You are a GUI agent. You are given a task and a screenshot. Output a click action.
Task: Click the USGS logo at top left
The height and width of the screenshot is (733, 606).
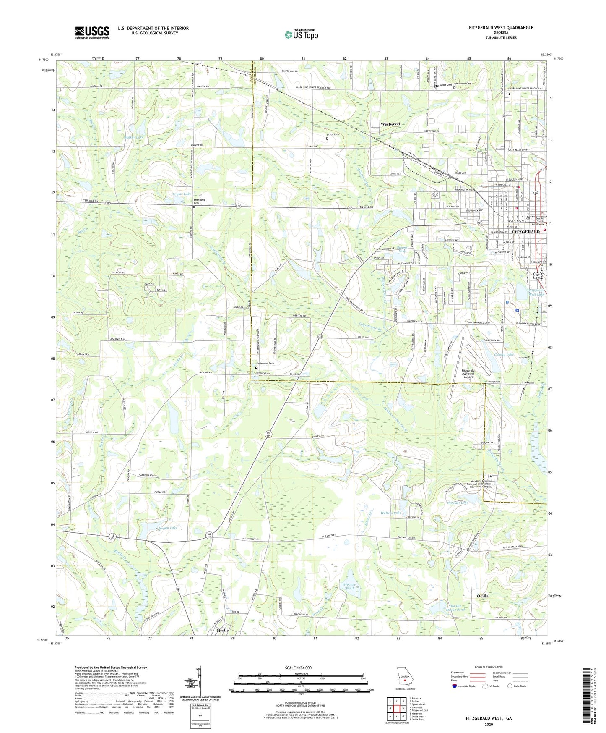(x=92, y=32)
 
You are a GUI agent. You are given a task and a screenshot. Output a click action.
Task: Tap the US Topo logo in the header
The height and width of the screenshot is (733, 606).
(x=301, y=34)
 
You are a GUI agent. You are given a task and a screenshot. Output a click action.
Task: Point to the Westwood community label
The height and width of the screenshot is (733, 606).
(x=390, y=124)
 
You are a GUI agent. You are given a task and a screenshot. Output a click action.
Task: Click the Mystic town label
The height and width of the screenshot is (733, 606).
(x=222, y=631)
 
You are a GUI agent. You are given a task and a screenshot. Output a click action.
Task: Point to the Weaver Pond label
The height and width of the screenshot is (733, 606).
(x=349, y=586)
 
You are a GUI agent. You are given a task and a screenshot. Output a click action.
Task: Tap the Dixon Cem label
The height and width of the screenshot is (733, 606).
(x=333, y=134)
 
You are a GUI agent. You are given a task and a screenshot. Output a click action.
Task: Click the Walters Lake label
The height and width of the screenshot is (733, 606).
(x=390, y=513)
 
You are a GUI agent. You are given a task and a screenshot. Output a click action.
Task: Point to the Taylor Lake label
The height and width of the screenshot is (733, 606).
(x=182, y=194)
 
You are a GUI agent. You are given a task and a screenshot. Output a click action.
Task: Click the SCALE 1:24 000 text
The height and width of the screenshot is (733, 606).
(x=300, y=668)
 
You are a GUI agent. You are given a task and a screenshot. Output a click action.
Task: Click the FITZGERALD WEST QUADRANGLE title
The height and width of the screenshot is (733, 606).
(x=501, y=28)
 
